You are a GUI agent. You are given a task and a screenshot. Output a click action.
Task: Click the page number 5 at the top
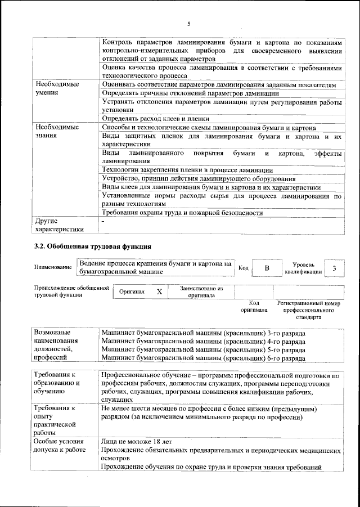189,24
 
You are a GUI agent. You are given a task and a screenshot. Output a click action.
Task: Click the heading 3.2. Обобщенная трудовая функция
93,246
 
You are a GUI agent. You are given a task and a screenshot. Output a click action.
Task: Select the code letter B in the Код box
267,268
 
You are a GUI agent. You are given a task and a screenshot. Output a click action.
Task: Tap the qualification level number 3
335,268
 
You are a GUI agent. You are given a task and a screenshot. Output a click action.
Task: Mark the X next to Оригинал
159,292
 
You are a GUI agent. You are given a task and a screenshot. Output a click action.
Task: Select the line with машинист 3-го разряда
204,334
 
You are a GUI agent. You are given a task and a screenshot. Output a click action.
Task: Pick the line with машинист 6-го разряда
204,357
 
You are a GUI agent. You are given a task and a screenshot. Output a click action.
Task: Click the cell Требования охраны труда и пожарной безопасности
182,213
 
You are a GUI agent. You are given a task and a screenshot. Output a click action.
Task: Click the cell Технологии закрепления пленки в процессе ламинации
187,170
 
